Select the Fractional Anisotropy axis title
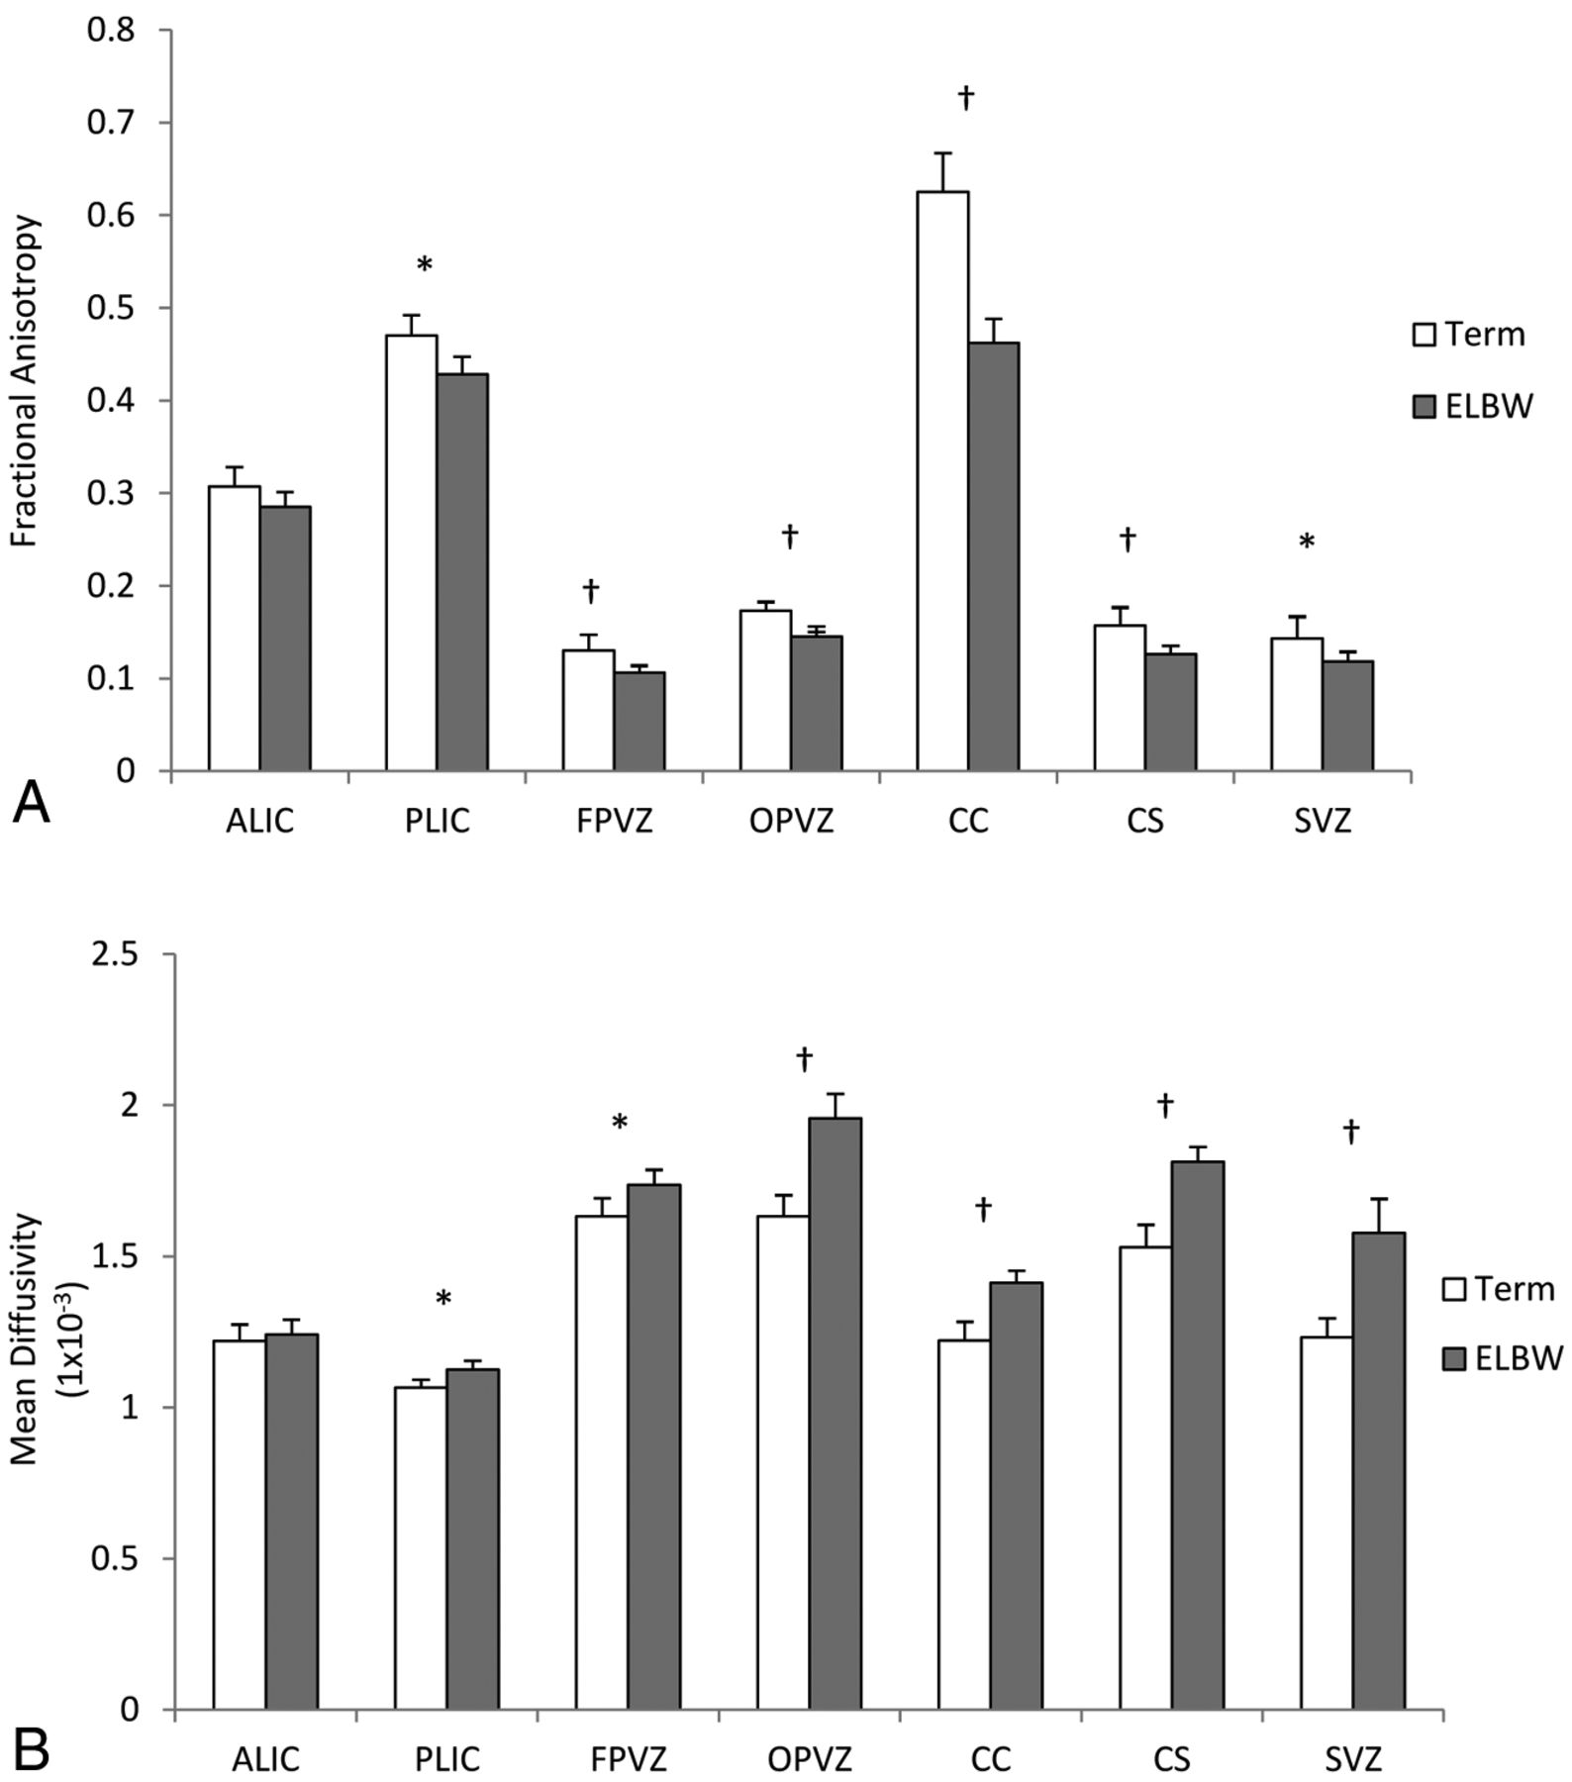click(x=27, y=381)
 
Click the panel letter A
click(x=31, y=802)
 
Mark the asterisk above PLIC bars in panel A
click(x=425, y=264)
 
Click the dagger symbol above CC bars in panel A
click(x=966, y=97)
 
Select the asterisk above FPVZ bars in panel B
click(x=620, y=1123)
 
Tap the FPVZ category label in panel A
click(x=614, y=822)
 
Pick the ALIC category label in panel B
click(x=265, y=1760)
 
